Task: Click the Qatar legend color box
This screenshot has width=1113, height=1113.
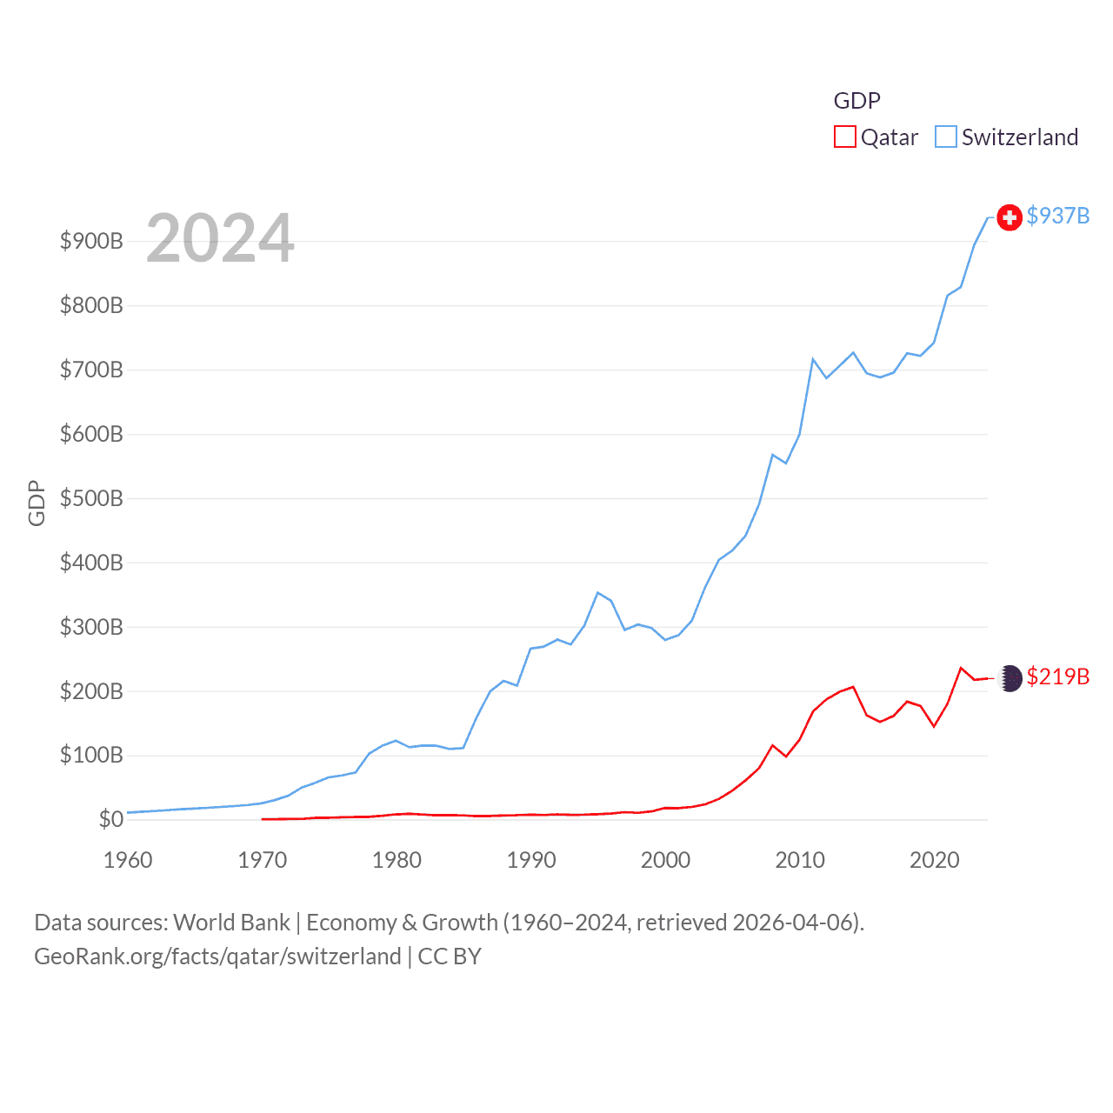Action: [844, 137]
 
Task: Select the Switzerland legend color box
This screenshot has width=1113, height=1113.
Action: [945, 137]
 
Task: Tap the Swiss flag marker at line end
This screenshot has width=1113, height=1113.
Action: [1009, 217]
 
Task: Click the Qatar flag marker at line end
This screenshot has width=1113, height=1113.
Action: [1010, 678]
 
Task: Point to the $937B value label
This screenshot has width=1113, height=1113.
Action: [1057, 216]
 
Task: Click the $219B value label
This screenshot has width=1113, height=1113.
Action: [1057, 676]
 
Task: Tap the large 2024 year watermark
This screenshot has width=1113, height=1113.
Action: [220, 238]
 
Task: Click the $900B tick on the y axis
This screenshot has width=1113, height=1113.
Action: [91, 241]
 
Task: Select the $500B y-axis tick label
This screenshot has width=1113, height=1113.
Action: [91, 498]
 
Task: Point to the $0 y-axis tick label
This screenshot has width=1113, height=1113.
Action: [110, 819]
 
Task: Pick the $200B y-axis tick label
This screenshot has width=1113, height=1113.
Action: [91, 691]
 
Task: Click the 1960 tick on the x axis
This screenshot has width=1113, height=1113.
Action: [128, 860]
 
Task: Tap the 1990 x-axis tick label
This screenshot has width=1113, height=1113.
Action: [531, 860]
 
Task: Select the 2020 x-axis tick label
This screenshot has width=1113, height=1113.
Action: [934, 860]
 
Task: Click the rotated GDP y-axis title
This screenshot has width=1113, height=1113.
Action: [37, 503]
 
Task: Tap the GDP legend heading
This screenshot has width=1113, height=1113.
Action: [856, 101]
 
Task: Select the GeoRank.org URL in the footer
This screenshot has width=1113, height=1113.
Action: [217, 956]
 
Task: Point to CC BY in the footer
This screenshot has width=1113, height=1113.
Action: [450, 956]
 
